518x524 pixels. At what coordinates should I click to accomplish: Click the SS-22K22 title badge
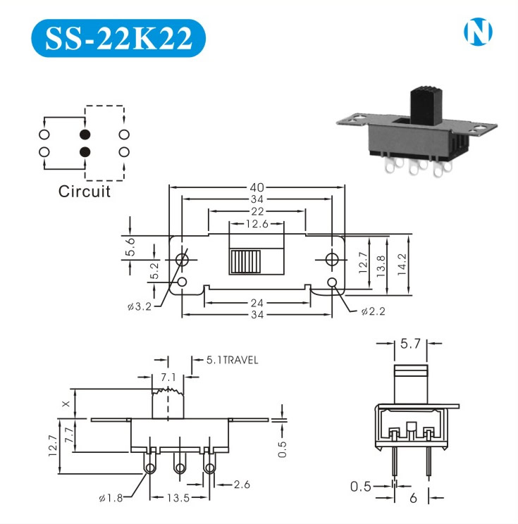coord(118,38)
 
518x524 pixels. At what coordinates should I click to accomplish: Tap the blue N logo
coord(478,32)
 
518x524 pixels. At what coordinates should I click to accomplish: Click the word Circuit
coord(85,192)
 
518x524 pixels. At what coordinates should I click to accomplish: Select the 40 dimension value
coord(257,187)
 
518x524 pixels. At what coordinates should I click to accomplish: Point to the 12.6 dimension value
coord(257,224)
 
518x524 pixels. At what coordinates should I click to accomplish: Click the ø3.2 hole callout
coord(140,306)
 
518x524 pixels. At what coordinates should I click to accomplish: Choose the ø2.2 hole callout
coord(374,311)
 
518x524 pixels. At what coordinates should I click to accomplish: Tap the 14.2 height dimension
coord(402,264)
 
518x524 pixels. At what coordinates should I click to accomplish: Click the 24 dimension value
coord(257,303)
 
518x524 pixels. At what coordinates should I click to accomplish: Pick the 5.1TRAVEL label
coord(233,360)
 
